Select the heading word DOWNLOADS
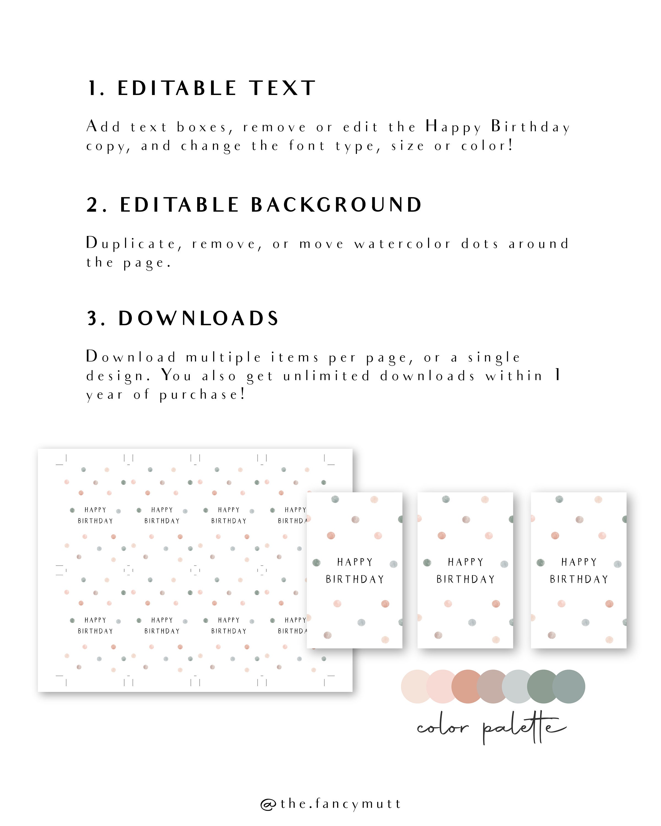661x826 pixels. click(199, 318)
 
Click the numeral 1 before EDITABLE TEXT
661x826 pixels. click(93, 88)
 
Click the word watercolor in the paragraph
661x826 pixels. click(402, 244)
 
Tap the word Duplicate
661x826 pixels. click(131, 244)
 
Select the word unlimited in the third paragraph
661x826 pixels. click(326, 376)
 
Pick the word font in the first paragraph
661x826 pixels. click(307, 146)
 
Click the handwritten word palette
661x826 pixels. click(523, 727)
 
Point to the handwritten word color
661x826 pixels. click(443, 727)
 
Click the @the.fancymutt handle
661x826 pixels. click(330, 803)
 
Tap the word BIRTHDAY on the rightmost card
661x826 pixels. click(579, 579)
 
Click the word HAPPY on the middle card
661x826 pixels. click(465, 562)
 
